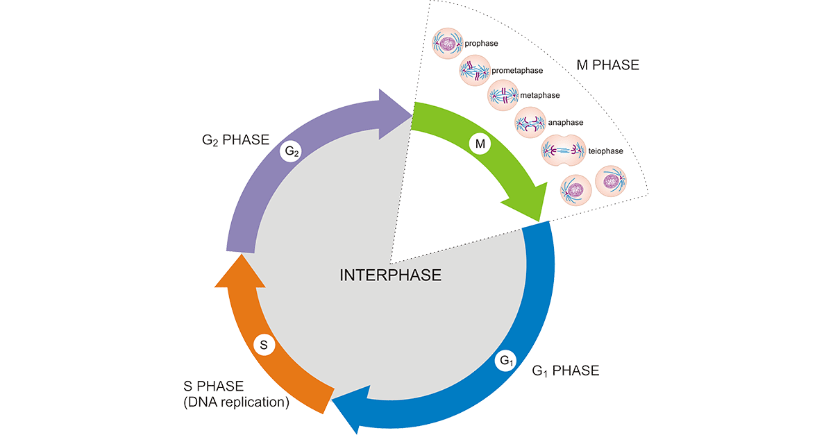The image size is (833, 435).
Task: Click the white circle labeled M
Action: pyautogui.click(x=478, y=144)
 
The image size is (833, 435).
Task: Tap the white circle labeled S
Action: pyautogui.click(x=263, y=344)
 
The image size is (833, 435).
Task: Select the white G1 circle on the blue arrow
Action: pyautogui.click(x=506, y=361)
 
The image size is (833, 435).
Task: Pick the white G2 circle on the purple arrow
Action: pyautogui.click(x=290, y=151)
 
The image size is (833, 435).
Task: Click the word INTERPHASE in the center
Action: pyautogui.click(x=390, y=275)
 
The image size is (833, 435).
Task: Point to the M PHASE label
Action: pyautogui.click(x=607, y=66)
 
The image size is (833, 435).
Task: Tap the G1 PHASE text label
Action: pyautogui.click(x=565, y=371)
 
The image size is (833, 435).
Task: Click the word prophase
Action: pyautogui.click(x=482, y=44)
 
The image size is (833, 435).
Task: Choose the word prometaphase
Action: pyautogui.click(x=517, y=70)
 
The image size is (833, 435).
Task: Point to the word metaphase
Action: pyautogui.click(x=539, y=95)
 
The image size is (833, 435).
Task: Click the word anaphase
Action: pyautogui.click(x=565, y=123)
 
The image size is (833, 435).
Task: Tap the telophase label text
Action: pyautogui.click(x=606, y=150)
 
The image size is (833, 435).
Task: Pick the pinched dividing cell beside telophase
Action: pyautogui.click(x=563, y=150)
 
